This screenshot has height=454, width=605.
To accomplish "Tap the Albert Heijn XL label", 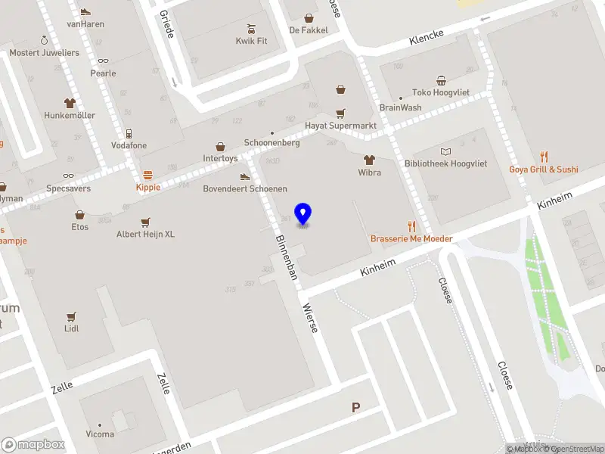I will [145, 235].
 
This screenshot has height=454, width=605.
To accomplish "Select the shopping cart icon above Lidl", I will [72, 317].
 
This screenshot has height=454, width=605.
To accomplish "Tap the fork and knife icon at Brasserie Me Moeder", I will [411, 226].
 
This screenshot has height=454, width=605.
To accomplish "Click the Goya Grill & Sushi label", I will [543, 169].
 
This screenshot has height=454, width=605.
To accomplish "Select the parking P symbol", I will [355, 407].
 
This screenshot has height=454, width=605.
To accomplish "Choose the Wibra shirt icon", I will [369, 160].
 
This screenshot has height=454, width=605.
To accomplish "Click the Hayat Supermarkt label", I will [340, 126].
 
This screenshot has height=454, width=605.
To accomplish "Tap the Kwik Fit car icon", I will [252, 30].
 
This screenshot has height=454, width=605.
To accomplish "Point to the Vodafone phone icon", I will [129, 133].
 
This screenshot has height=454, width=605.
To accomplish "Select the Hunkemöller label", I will [70, 116].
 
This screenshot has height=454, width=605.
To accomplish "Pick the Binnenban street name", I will [284, 255].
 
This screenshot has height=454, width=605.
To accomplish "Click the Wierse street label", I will [310, 318].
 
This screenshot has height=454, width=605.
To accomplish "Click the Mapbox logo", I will [33, 445].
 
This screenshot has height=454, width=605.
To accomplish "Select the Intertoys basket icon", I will [221, 147].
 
